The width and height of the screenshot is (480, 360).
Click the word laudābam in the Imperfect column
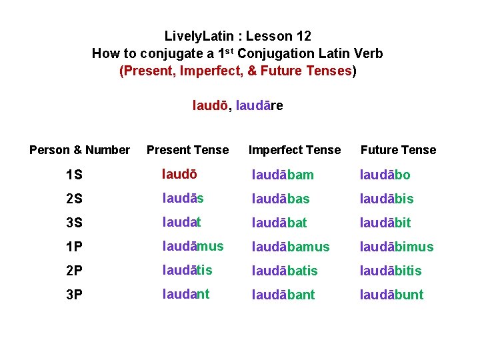pos(283,175)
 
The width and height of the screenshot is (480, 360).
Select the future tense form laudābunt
pos(391,295)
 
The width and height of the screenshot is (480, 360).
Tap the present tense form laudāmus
pos(193,246)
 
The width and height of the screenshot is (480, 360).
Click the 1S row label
pos(75,175)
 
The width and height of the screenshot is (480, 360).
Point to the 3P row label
pos(75,295)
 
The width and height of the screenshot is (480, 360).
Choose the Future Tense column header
pos(398,150)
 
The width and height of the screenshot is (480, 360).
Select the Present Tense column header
pos(187,150)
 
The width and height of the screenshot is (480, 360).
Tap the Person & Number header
pos(79,150)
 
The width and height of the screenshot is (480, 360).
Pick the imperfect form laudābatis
pos(285,271)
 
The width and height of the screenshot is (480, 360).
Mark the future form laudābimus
pos(396,247)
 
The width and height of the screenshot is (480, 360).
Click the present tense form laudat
pos(181,222)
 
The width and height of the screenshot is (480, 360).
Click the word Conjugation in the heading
pos(277,53)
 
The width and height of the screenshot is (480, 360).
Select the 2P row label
pos(75,271)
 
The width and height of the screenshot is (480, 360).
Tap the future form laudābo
pos(385,175)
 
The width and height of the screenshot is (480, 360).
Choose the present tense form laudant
pos(185,294)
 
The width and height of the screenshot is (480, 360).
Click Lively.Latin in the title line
pos(199,36)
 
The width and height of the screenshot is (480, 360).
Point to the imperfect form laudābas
pos(280,199)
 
